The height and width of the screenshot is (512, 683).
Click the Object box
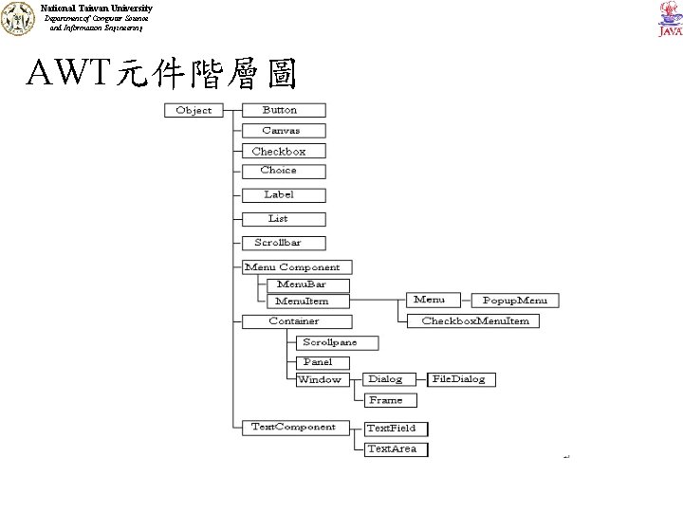pyautogui.click(x=194, y=110)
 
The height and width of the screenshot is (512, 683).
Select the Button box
pyautogui.click(x=280, y=110)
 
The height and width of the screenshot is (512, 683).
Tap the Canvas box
pyautogui.click(x=281, y=131)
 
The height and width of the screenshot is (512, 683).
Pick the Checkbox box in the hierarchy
pyautogui.click(x=279, y=151)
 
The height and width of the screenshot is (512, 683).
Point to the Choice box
pyautogui.click(x=278, y=171)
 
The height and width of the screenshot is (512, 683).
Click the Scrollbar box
pyautogui.click(x=278, y=243)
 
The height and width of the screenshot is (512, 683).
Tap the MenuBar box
pyautogui.click(x=302, y=284)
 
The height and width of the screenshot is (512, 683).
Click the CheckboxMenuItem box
pyautogui.click(x=474, y=320)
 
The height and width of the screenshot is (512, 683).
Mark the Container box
pyautogui.click(x=294, y=321)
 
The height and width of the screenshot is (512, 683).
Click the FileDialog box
pyautogui.click(x=459, y=379)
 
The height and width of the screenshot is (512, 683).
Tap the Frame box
pyautogui.click(x=385, y=400)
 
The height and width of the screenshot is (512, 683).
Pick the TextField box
pyautogui.click(x=391, y=429)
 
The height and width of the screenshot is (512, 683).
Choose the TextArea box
pyautogui.click(x=391, y=448)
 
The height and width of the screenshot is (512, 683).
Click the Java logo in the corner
pyautogui.click(x=668, y=19)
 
